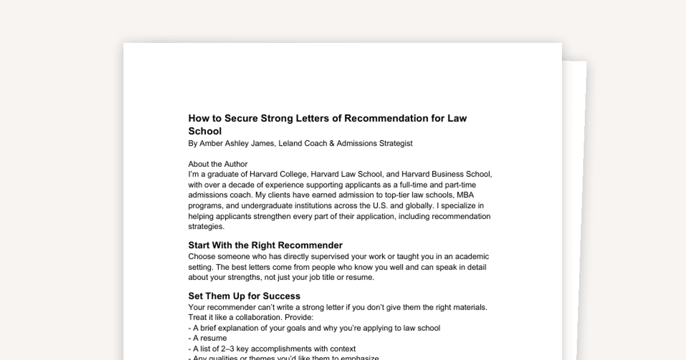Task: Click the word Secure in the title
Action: tap(241, 119)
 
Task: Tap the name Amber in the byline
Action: tap(212, 143)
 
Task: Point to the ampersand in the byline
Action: tap(332, 143)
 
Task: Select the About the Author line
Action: tap(218, 164)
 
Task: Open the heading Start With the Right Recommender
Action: tap(265, 246)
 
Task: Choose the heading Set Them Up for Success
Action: tap(244, 296)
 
